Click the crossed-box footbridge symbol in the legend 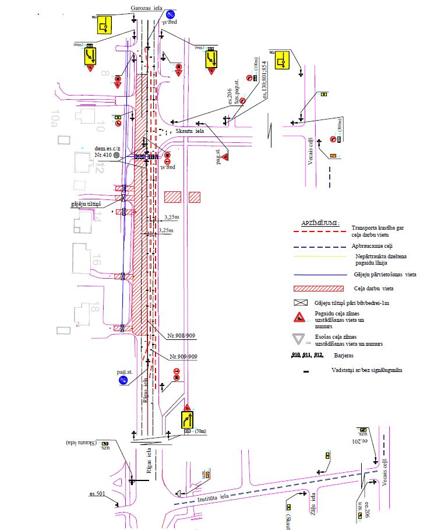click(300, 303)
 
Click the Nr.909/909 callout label click(184, 356)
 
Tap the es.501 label click(96, 494)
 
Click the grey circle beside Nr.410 click(117, 156)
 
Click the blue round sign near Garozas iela click(170, 14)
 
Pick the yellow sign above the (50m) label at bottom click(188, 420)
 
